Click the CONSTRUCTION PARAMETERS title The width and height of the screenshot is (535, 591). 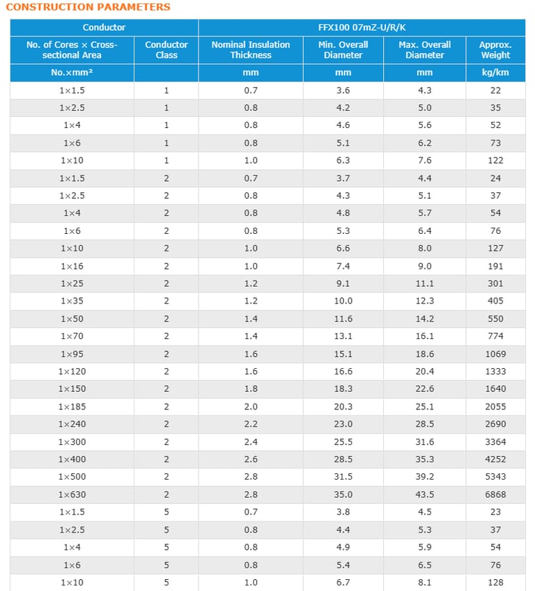pos(88,7)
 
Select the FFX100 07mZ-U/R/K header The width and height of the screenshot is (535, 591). pos(366,27)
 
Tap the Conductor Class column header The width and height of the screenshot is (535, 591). pos(166,49)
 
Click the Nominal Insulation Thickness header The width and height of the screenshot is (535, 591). pos(251,49)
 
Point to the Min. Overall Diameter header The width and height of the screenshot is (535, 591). pos(343,49)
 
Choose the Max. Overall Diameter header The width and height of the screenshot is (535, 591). pos(424,49)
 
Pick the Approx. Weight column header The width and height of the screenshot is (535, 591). pos(495,49)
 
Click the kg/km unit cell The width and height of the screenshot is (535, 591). pos(495,72)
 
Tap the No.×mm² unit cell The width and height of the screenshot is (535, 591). pos(72,72)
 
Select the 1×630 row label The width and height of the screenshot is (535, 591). pos(72,494)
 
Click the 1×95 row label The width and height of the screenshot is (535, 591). pos(72,354)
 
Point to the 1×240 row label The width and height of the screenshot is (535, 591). pos(72,424)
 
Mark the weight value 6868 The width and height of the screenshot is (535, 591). pos(495,494)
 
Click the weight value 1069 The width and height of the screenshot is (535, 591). pos(495,354)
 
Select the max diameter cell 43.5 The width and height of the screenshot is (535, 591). pos(424,494)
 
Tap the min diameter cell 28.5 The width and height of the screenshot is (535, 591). pos(343,459)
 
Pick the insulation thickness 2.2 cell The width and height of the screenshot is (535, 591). pos(251,424)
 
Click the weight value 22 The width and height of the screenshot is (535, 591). pos(495,90)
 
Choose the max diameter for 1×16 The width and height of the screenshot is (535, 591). pos(424,266)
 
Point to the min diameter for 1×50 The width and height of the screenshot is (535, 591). pos(343,319)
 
